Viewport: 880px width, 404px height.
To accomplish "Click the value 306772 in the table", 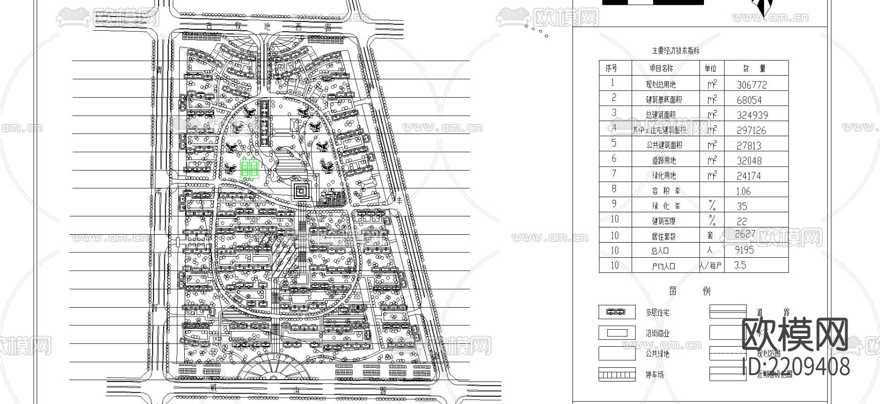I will tap(752, 85).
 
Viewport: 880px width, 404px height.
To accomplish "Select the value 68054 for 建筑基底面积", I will tap(749, 100).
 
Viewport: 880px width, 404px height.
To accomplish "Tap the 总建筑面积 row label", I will tap(660, 115).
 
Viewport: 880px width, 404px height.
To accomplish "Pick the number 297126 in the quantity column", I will tap(752, 130).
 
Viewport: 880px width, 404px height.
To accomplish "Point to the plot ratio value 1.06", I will tap(744, 191).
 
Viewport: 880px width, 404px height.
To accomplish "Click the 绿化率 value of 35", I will tap(742, 206).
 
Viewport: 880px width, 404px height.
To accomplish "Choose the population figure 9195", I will tap(744, 250).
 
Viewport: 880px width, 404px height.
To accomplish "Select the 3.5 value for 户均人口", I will tap(740, 265).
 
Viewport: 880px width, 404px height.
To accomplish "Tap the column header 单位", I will tap(710, 68).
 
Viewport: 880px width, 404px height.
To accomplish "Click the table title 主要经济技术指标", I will tap(675, 50).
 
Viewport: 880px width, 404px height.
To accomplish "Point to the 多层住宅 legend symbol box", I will tap(617, 312).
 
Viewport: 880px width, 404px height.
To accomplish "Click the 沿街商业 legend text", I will tap(658, 334).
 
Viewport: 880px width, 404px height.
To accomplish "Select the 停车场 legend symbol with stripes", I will tap(617, 375).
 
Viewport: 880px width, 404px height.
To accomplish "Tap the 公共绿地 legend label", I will tap(658, 354).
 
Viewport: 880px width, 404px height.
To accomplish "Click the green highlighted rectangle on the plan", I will tap(250, 169).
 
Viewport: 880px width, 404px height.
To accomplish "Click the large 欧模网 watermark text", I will tap(795, 335).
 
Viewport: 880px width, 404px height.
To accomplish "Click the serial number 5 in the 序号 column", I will tap(614, 143).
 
